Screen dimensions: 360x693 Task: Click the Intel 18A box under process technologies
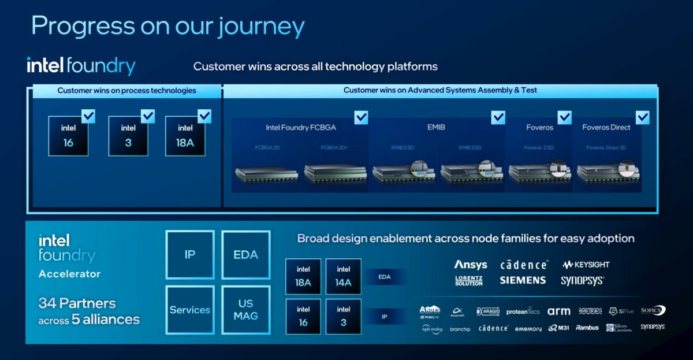(185, 136)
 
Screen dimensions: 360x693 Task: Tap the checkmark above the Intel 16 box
(88, 116)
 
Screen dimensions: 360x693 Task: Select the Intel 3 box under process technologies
(128, 136)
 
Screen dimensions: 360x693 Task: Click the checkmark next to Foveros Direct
(642, 117)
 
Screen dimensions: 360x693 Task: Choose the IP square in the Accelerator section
(190, 255)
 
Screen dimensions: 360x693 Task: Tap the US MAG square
(245, 310)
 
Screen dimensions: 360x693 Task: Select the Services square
(190, 310)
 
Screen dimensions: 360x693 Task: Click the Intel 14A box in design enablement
(343, 277)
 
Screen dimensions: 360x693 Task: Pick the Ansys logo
(471, 265)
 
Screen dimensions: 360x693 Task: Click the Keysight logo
(586, 265)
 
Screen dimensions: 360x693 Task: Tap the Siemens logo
(523, 280)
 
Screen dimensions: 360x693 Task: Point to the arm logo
(558, 311)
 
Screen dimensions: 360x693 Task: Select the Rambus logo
(587, 328)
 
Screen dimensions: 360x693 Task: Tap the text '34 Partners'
(77, 303)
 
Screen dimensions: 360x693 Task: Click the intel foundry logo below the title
(81, 66)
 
